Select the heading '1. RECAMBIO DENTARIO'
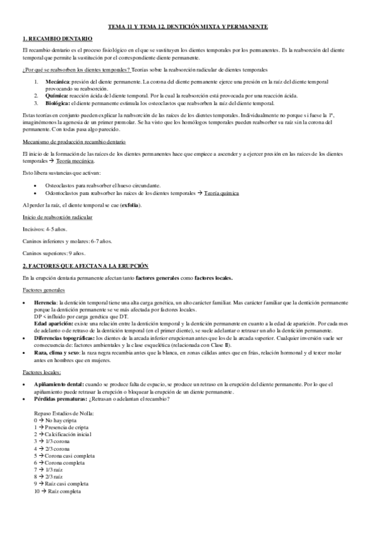tap(56, 39)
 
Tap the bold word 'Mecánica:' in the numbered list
tap(58, 82)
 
